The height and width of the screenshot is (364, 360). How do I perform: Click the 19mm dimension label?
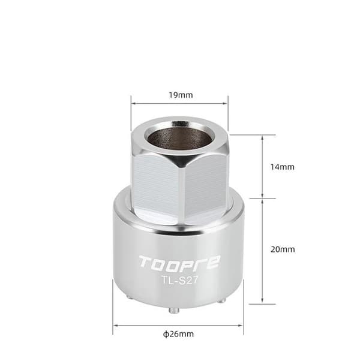point(181,95)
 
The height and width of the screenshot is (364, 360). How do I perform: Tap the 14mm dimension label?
point(283,167)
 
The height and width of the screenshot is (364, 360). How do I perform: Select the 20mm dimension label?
point(283,249)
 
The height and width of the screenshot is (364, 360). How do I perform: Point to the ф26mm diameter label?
point(178,334)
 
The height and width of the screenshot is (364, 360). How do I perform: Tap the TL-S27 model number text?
point(180,281)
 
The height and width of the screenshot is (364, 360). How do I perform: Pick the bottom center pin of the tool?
point(173,311)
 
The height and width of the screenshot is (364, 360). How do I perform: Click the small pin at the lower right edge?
point(222,300)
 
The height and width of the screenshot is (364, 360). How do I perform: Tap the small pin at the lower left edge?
point(128,296)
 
